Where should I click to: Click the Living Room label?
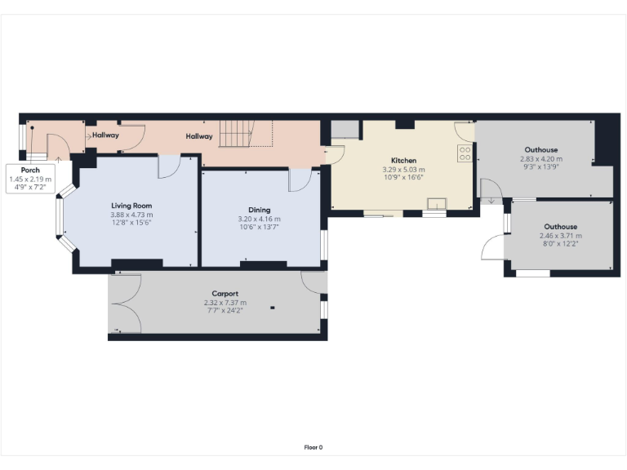pyautogui.click(x=131, y=206)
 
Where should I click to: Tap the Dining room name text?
pyautogui.click(x=259, y=210)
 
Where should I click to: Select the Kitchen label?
pyautogui.click(x=403, y=161)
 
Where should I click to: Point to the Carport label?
pyautogui.click(x=225, y=294)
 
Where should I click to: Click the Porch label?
pyautogui.click(x=30, y=170)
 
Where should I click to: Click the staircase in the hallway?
pyautogui.click(x=239, y=132)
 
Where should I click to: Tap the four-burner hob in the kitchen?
pyautogui.click(x=465, y=153)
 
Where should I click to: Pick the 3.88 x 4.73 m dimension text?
pyautogui.click(x=131, y=215)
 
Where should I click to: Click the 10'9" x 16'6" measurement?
pyautogui.click(x=403, y=178)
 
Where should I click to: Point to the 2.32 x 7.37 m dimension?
pyautogui.click(x=225, y=303)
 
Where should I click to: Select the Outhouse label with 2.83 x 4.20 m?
pyautogui.click(x=541, y=150)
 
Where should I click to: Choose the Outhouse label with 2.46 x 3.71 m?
pyautogui.click(x=561, y=226)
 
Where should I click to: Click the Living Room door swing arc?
pyautogui.click(x=169, y=166)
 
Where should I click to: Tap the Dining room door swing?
pyautogui.click(x=299, y=180)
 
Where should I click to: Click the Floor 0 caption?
pyautogui.click(x=313, y=447)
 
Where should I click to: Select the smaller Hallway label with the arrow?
pyautogui.click(x=104, y=135)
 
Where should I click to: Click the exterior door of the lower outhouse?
pyautogui.click(x=492, y=246)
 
